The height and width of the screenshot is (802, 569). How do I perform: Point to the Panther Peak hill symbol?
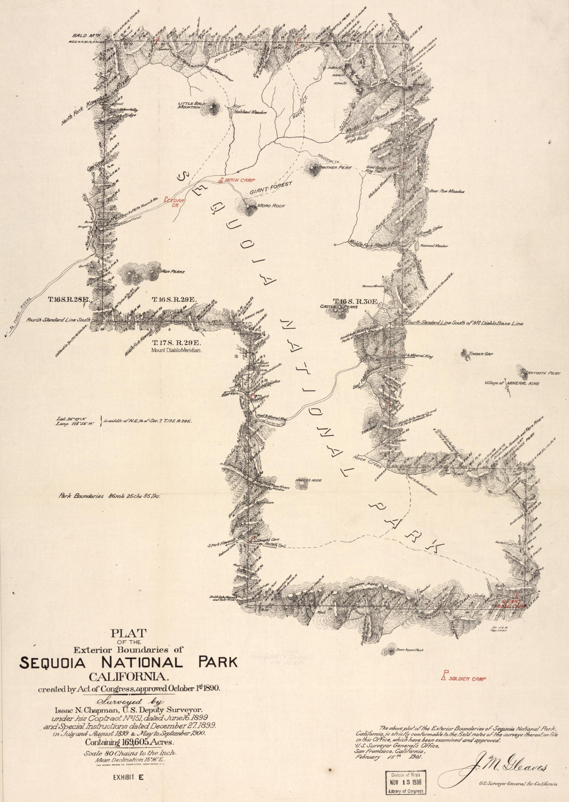click(x=313, y=168)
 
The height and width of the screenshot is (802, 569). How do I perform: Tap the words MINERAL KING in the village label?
click(x=528, y=383)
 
